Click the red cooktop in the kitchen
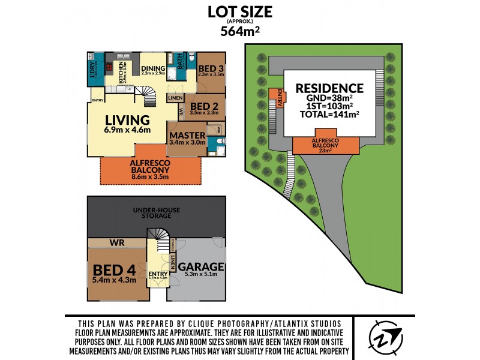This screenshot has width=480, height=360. point(109,66)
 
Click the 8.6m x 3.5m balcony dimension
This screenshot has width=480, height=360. point(149,176)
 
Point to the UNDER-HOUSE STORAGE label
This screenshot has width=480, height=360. point(157,212)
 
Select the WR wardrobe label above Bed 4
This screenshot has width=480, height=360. point(116,243)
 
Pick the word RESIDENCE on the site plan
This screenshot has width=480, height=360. point(329,89)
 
